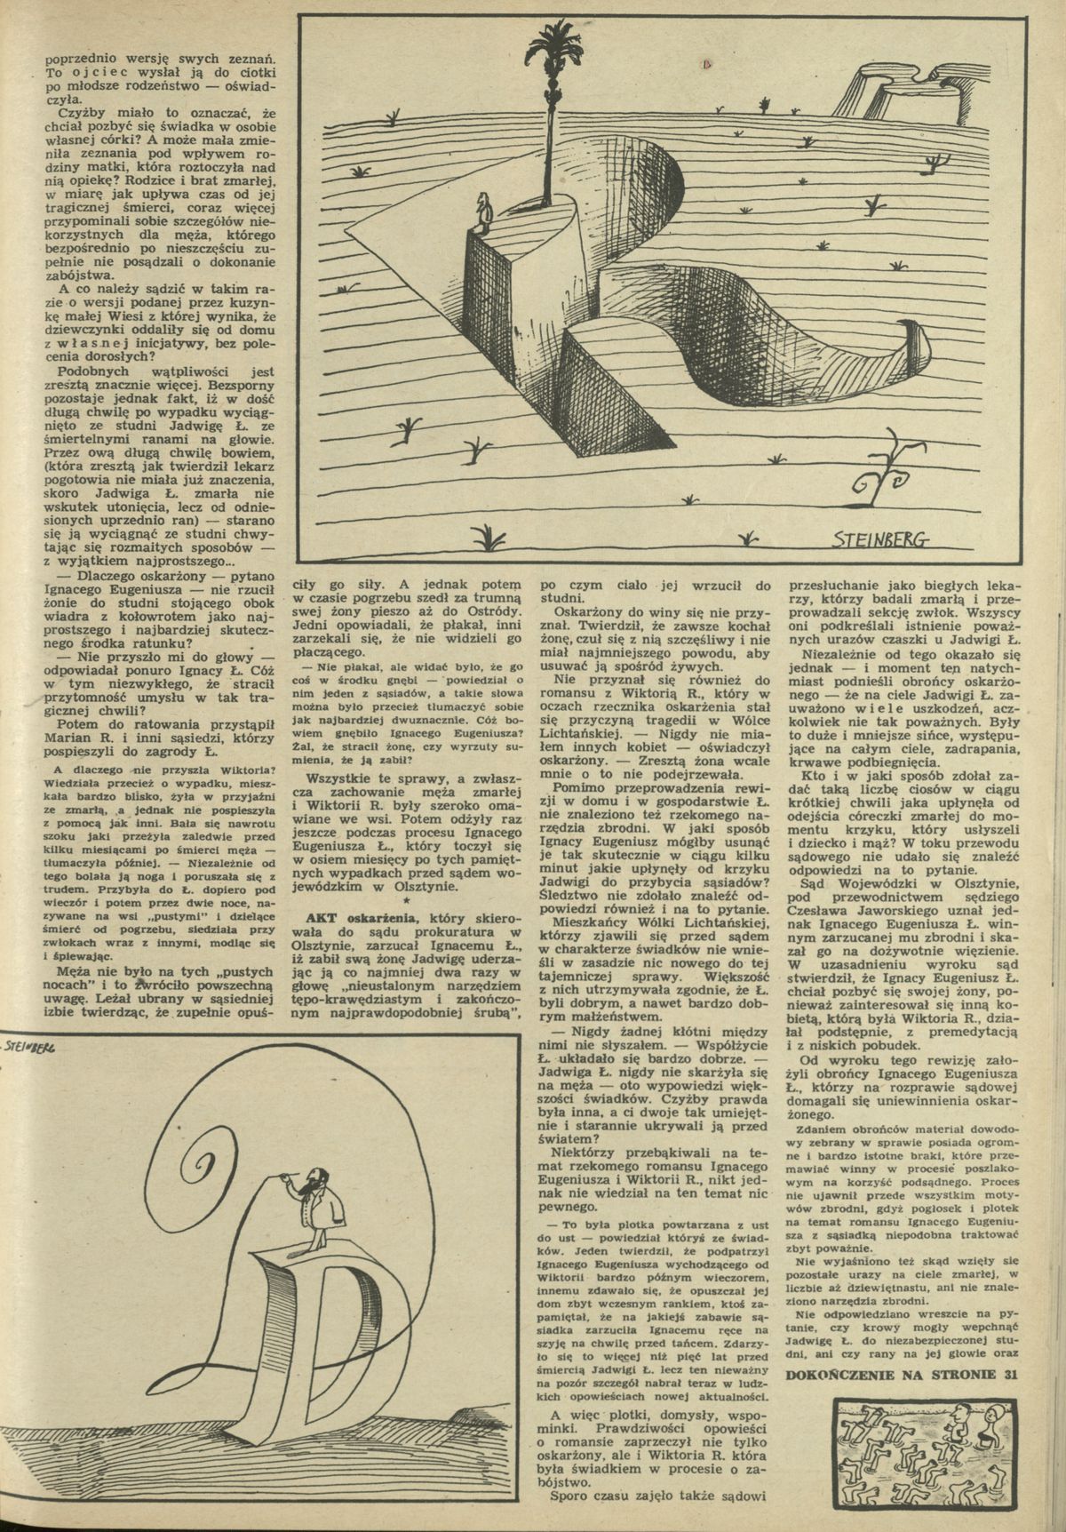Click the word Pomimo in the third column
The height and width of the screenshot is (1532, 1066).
tap(578, 787)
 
